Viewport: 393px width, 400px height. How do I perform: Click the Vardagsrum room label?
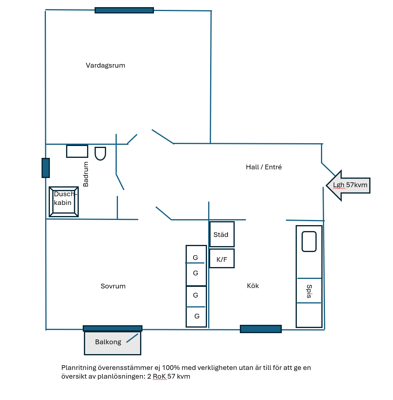[x=105, y=66]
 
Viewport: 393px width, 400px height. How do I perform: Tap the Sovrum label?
[x=113, y=286]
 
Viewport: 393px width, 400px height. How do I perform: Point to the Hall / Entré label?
[x=264, y=167]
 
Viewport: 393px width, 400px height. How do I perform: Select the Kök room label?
[x=253, y=286]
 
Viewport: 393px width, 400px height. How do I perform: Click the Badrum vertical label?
[x=86, y=174]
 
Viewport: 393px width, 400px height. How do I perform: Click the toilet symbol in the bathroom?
[x=100, y=154]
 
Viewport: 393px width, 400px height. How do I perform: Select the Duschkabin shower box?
[x=64, y=202]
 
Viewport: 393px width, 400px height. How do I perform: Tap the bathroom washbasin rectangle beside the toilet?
[x=77, y=151]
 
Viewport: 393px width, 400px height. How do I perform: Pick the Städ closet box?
[x=222, y=234]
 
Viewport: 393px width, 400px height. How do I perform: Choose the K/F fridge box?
[x=222, y=258]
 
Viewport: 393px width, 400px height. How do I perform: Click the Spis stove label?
[x=309, y=291]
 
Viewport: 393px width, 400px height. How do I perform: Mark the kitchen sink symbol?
[x=309, y=242]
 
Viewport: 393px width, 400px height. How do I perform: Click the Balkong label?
[x=108, y=342]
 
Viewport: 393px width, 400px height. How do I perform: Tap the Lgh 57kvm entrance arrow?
[x=348, y=186]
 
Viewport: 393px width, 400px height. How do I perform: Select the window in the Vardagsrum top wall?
[x=124, y=10]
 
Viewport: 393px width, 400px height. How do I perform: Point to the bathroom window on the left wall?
[x=46, y=168]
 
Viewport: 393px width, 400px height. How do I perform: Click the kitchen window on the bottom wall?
[x=261, y=329]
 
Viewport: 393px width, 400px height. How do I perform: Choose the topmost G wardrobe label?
[x=196, y=258]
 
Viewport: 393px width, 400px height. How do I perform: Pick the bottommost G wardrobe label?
[x=197, y=317]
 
